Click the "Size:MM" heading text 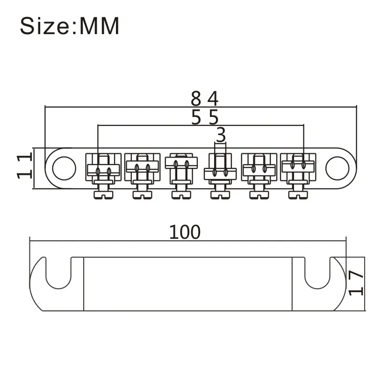[x=69, y=26]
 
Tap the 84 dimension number [x=205, y=98]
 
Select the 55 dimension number [x=205, y=117]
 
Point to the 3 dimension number [x=221, y=135]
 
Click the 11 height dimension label [x=24, y=166]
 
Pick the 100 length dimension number [x=185, y=232]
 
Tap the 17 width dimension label [x=356, y=283]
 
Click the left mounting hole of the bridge [x=64, y=168]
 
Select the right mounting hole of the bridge [x=337, y=168]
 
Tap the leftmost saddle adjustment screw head [x=103, y=195]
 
